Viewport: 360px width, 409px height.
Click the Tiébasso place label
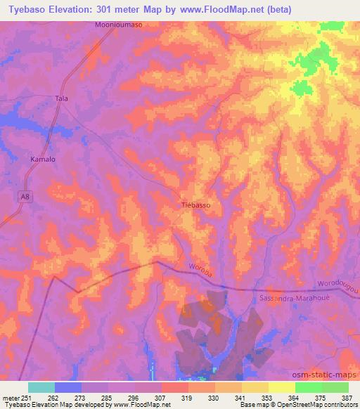(196, 206)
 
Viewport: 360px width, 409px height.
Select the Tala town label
(63, 99)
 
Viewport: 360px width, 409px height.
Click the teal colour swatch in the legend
(41, 387)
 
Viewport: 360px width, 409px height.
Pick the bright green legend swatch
(309, 387)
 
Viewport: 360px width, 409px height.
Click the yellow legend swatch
(282, 387)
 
